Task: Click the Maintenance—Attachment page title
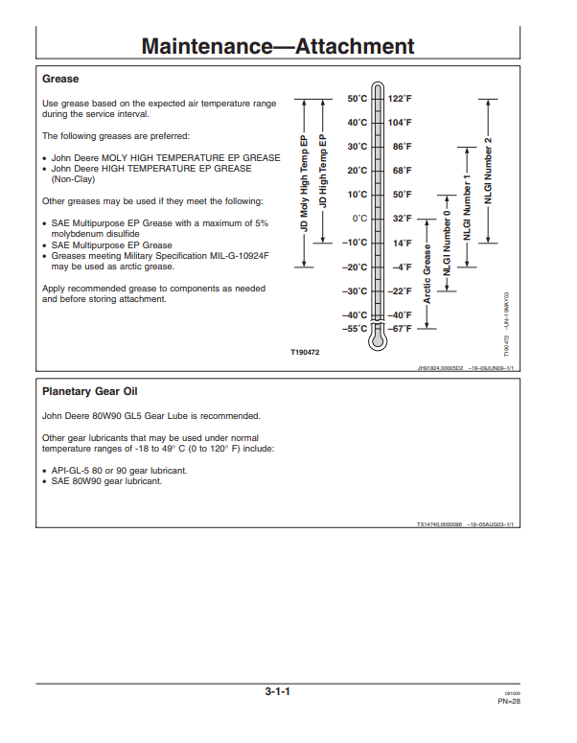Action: click(x=278, y=46)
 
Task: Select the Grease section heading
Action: click(x=60, y=79)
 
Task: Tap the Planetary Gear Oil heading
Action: click(x=89, y=391)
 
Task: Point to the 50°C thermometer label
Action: click(x=358, y=99)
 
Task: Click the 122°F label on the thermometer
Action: click(x=400, y=99)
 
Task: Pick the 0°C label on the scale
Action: click(x=359, y=219)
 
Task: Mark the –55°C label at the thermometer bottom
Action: click(x=355, y=329)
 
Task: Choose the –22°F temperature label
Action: click(x=400, y=290)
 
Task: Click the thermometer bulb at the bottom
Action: click(x=378, y=341)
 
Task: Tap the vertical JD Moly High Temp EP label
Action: click(x=304, y=183)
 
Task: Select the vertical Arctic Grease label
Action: click(x=427, y=274)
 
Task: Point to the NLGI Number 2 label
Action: click(x=488, y=171)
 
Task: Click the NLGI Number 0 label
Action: click(x=447, y=243)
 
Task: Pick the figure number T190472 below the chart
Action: click(x=305, y=352)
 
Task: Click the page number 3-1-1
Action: click(x=278, y=691)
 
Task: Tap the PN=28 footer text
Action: click(x=509, y=702)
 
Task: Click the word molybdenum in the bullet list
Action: click(x=75, y=234)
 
